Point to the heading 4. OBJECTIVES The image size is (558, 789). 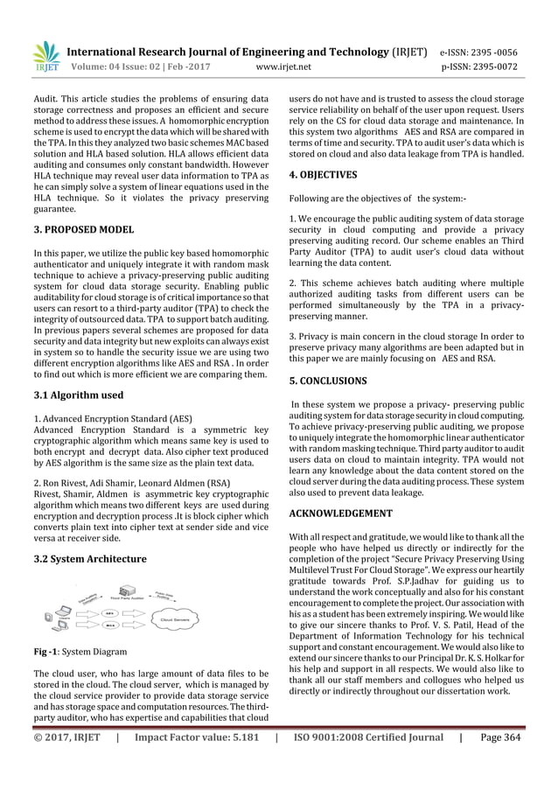pyautogui.click(x=322, y=174)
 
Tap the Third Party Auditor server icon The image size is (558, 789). pyautogui.click(x=124, y=592)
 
